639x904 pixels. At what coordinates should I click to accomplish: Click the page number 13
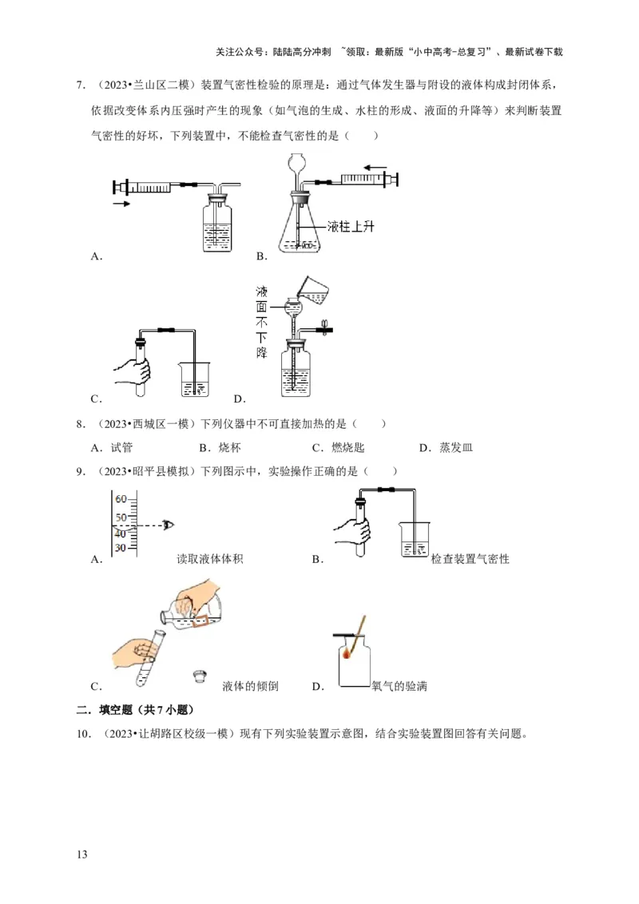[81, 854]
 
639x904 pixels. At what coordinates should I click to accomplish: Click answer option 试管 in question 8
[121, 447]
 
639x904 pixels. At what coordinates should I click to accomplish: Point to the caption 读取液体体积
[209, 558]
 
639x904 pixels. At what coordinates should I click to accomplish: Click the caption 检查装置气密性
[470, 559]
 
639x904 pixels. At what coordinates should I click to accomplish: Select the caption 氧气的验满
[399, 685]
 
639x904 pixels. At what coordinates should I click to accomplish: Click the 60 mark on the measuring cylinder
[121, 499]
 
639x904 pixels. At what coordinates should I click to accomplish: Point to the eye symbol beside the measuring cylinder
[167, 525]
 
